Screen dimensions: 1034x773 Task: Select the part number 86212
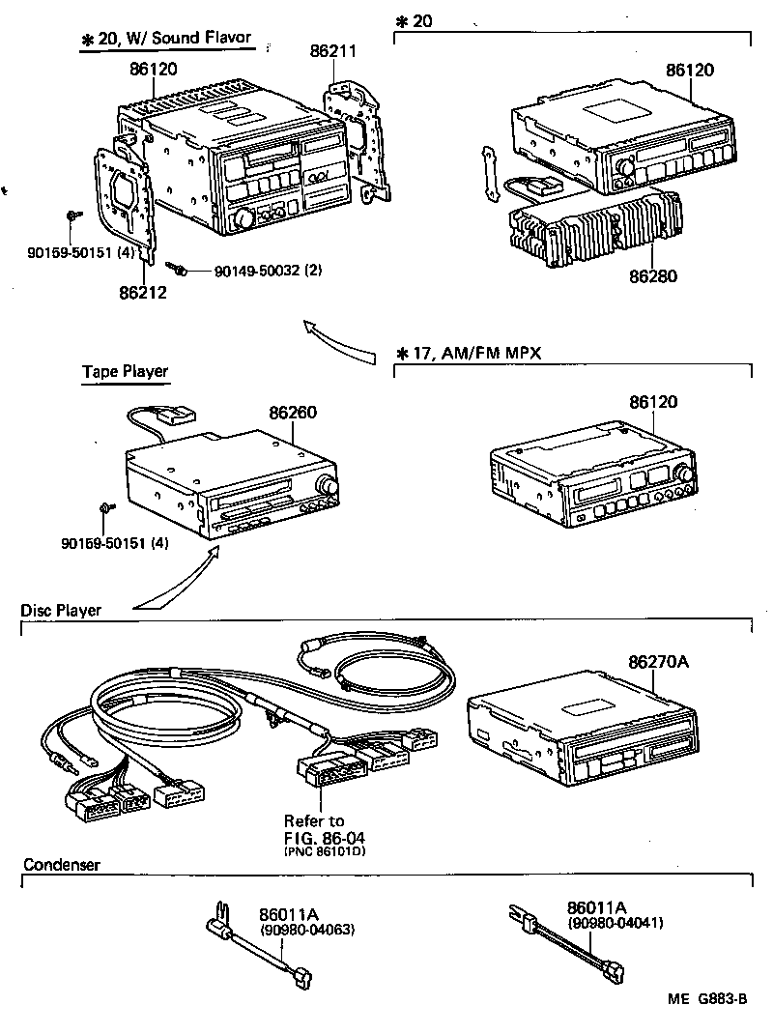pos(143,291)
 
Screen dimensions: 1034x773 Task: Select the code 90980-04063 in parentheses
pos(307,930)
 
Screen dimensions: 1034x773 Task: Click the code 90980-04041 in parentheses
pos(616,923)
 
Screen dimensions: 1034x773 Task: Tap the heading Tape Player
pos(125,371)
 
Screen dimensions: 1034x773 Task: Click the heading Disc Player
pos(61,610)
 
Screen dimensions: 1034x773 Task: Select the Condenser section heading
pos(61,865)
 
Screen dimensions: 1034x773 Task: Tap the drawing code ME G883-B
pos(705,1000)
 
